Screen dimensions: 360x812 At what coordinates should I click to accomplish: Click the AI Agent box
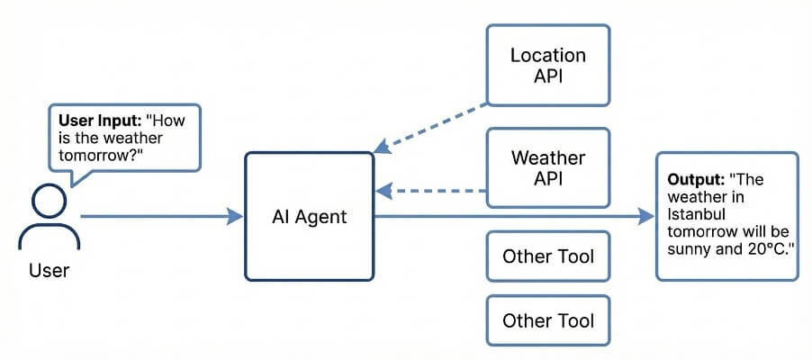(309, 216)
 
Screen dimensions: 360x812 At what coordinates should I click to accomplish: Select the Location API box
(547, 65)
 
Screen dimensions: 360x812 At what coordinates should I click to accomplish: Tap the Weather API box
(547, 168)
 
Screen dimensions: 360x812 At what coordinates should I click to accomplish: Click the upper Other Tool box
(547, 256)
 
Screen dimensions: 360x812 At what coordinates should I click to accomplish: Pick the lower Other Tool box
(547, 320)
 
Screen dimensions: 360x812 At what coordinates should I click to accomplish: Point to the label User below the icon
(49, 269)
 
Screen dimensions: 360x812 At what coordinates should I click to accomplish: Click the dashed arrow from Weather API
(432, 190)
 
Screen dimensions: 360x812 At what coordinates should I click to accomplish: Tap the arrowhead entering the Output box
(645, 216)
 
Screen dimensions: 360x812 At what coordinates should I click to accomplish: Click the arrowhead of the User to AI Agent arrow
(236, 216)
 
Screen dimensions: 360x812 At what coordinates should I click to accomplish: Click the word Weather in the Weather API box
(547, 158)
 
